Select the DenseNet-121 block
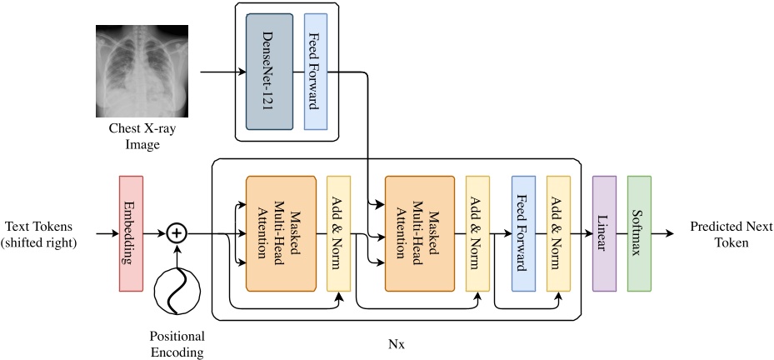coord(270,72)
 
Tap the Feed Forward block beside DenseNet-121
coord(315,72)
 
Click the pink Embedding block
coord(132,233)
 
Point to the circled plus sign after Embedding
coord(176,233)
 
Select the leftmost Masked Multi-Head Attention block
coord(281,233)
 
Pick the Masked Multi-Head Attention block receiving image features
coord(420,233)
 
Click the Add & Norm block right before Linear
coord(557,233)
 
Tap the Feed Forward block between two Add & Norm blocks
coord(522,233)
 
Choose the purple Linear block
coord(603,233)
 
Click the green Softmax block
coord(638,233)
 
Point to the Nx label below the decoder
coord(397,341)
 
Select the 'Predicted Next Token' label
coord(725,233)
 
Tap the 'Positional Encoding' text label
coord(176,344)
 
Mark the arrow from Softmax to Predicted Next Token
coord(667,233)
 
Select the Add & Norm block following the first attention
coord(338,233)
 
